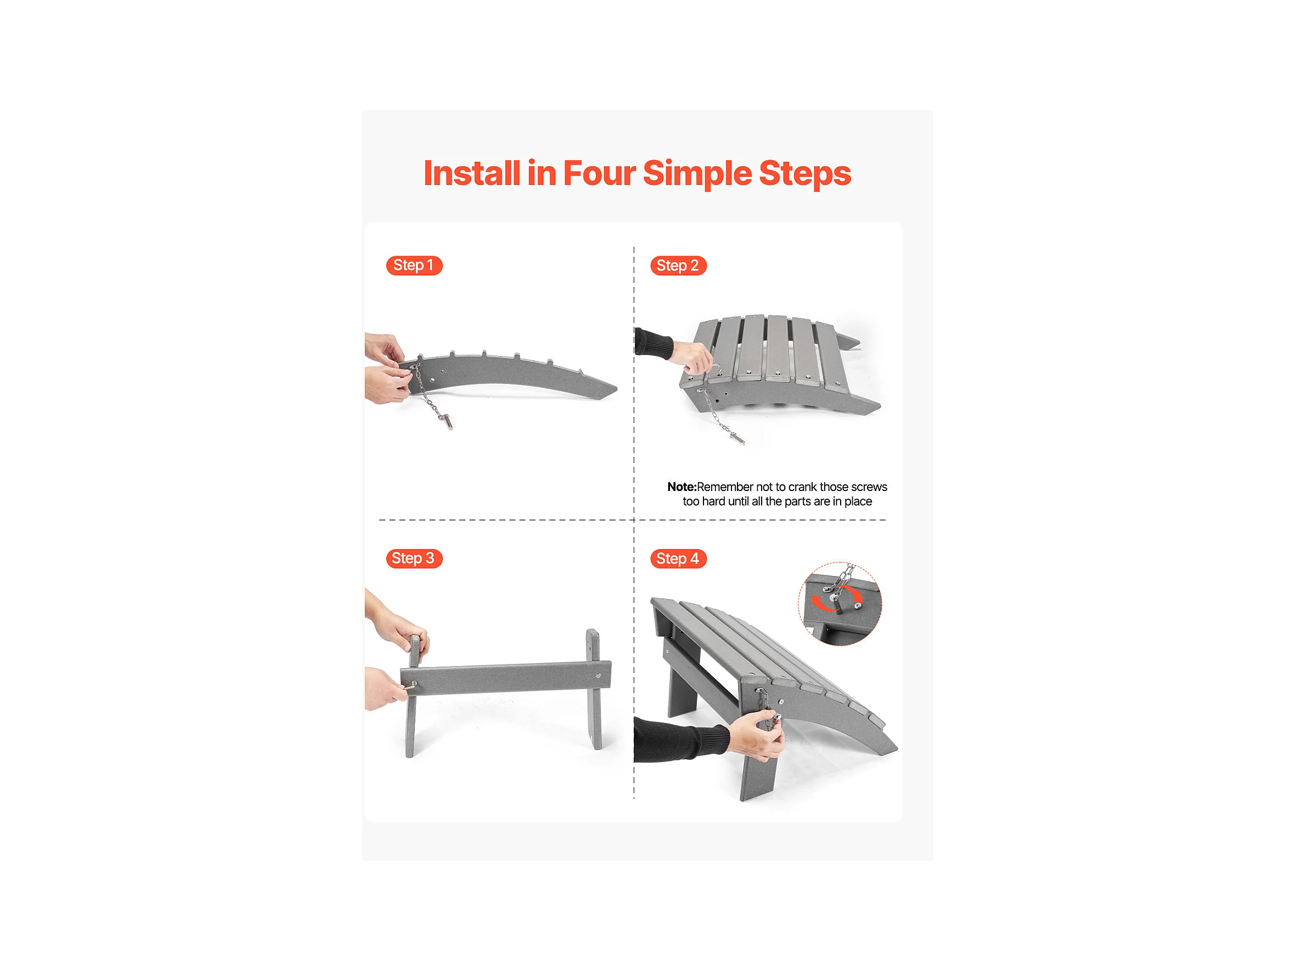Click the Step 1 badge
click(414, 266)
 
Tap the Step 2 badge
click(678, 266)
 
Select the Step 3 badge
click(414, 558)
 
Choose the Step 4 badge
click(678, 558)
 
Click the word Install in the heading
click(471, 173)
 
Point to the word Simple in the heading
click(697, 174)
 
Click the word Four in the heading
click(599, 173)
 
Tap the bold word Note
click(682, 487)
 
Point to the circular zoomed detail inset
click(840, 603)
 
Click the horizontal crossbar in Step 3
click(506, 679)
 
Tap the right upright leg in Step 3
click(594, 689)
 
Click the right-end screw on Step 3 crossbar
click(598, 676)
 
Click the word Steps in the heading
click(805, 174)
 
